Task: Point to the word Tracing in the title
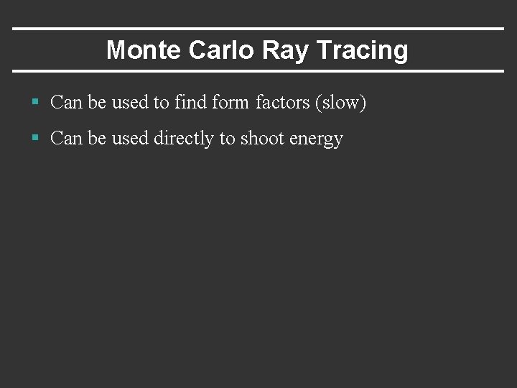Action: pyautogui.click(x=362, y=50)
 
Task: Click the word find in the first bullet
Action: pyautogui.click(x=190, y=103)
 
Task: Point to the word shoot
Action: pyautogui.click(x=261, y=139)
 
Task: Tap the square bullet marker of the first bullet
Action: pyautogui.click(x=34, y=103)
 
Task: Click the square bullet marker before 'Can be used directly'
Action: pyautogui.click(x=34, y=138)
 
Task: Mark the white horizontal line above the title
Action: pyautogui.click(x=258, y=29)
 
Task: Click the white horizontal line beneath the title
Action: pyautogui.click(x=258, y=71)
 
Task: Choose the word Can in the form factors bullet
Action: pyautogui.click(x=66, y=103)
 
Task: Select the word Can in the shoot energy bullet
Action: pyautogui.click(x=66, y=139)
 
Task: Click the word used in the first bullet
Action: pyautogui.click(x=129, y=103)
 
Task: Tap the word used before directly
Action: pyautogui.click(x=129, y=139)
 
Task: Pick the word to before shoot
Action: pyautogui.click(x=227, y=139)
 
